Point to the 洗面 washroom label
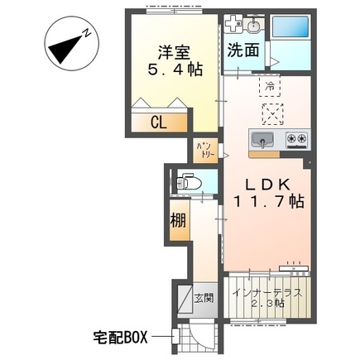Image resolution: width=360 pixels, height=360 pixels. tap(243, 50)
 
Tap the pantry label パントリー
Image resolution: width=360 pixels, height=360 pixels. tap(204, 150)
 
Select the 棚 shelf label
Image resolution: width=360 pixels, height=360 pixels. tap(179, 221)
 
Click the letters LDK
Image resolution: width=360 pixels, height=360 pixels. tap(263, 186)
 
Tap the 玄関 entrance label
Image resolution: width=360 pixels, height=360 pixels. tap(203, 299)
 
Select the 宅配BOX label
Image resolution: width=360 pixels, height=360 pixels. tap(120, 337)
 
